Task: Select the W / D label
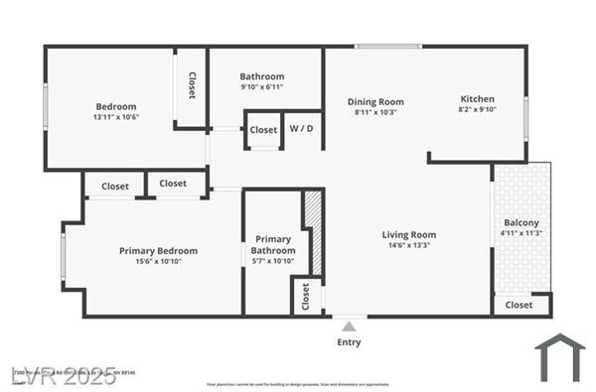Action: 301,129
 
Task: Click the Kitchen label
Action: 477,99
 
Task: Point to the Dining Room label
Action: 375,101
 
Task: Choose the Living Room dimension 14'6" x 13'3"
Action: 409,247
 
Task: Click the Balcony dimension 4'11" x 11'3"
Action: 521,233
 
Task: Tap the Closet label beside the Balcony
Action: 519,305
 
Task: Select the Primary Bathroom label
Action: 273,245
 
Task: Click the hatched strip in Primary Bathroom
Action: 313,231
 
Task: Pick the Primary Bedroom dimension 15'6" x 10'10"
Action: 158,263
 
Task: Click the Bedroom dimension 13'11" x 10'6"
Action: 116,118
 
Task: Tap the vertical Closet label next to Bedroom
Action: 191,86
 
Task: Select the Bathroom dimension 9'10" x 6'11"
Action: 262,88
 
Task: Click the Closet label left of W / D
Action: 263,130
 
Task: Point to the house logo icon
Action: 559,357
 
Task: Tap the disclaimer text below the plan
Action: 298,384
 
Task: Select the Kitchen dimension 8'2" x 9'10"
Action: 477,110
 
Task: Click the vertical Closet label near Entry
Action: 306,296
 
